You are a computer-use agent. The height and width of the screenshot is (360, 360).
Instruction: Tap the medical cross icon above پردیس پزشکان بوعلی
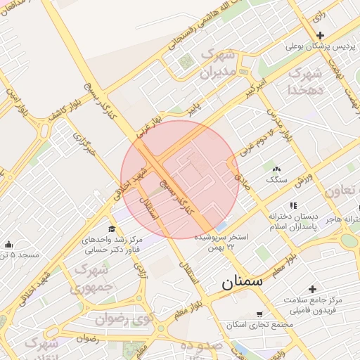pos(320,35)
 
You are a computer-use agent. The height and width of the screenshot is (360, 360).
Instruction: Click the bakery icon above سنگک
pos(276,169)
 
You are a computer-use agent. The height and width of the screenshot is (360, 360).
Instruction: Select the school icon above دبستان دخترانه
pos(293,205)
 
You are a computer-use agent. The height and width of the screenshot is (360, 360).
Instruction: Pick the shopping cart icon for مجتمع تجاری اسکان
pos(259,314)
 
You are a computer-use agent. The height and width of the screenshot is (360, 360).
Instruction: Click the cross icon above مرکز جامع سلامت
pos(312,288)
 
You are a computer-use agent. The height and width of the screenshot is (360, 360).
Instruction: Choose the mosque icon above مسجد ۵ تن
pos(8,244)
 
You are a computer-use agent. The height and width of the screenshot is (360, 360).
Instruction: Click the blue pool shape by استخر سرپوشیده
pos(221,227)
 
